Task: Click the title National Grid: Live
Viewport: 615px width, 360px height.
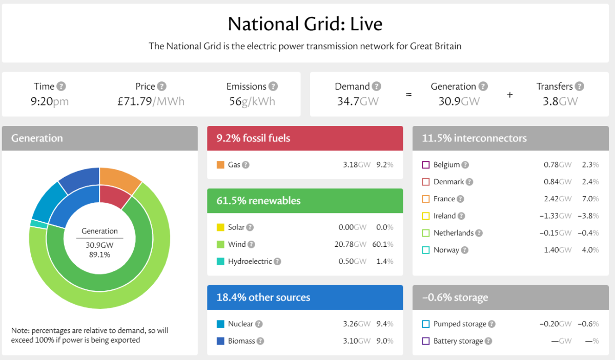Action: [305, 24]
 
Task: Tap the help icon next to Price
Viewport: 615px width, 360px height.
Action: [161, 87]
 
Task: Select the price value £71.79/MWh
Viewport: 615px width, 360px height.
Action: [151, 101]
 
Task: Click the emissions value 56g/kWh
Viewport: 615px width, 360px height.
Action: [252, 101]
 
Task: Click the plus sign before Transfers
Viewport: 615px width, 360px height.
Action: [509, 95]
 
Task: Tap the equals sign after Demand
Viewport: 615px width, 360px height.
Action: [408, 95]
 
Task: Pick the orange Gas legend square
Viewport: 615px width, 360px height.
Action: [220, 165]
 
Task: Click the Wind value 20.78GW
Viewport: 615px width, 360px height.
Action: [351, 244]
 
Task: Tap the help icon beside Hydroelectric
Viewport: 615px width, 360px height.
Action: [277, 261]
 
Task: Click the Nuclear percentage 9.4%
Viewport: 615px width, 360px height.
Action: [384, 324]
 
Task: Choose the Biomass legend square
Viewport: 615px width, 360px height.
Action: [220, 341]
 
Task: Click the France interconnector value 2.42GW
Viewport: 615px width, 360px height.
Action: [557, 199]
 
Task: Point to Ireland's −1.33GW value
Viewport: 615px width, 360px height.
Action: [555, 216]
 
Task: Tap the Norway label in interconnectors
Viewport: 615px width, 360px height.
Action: [446, 250]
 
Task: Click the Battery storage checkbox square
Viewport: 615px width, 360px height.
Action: [425, 341]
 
